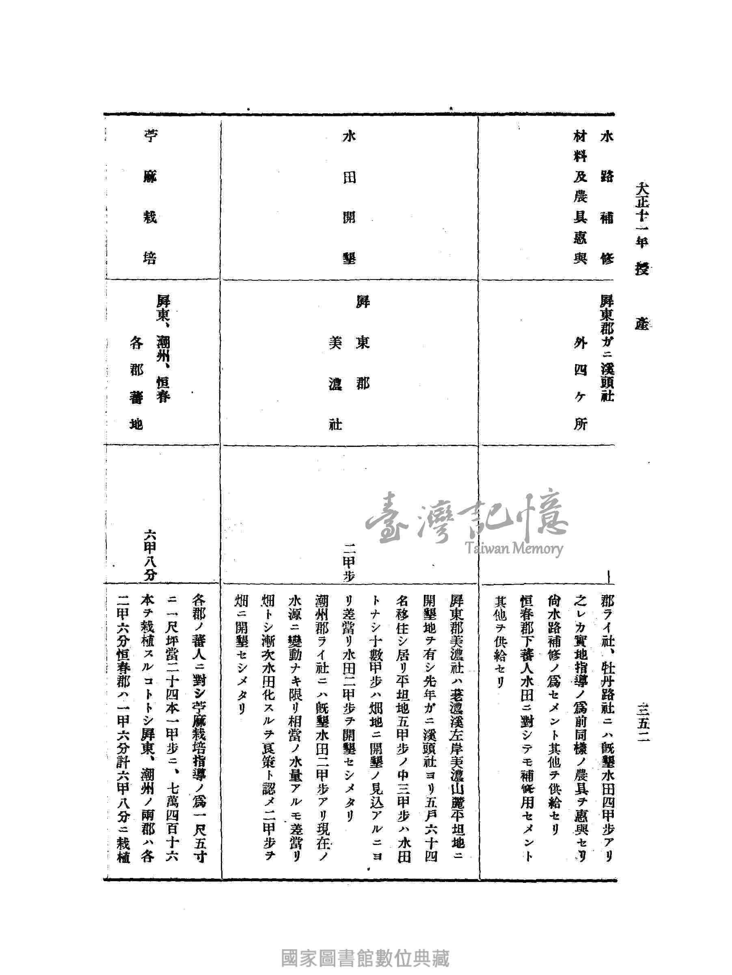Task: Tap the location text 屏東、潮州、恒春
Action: (163, 348)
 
